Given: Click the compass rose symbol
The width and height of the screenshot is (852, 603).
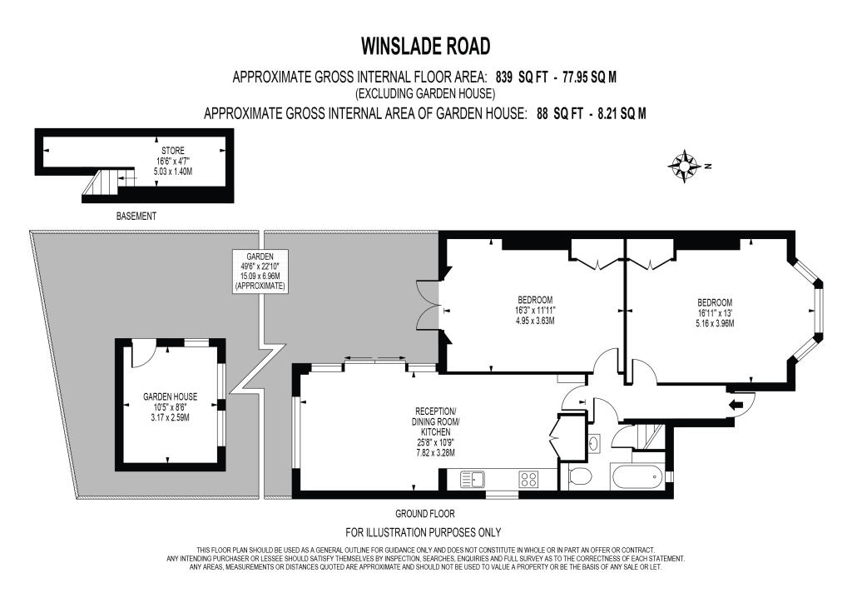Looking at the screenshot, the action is click(683, 165).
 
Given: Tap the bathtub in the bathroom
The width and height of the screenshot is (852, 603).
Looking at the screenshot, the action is click(637, 477).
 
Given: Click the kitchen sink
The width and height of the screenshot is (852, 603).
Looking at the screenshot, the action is click(473, 479).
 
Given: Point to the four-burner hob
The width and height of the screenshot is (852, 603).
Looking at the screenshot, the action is click(528, 479).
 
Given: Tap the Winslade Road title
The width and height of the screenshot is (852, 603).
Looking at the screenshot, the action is click(426, 46).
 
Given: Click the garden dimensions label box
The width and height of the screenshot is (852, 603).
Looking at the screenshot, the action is click(260, 272).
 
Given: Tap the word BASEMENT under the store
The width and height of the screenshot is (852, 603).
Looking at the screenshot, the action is click(136, 217).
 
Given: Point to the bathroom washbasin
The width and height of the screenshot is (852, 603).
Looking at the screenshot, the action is click(594, 444).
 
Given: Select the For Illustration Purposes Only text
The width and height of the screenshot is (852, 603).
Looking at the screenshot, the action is click(424, 532).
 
